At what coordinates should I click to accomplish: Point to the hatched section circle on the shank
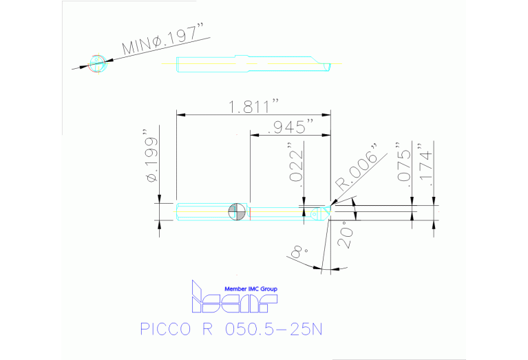(236, 212)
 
